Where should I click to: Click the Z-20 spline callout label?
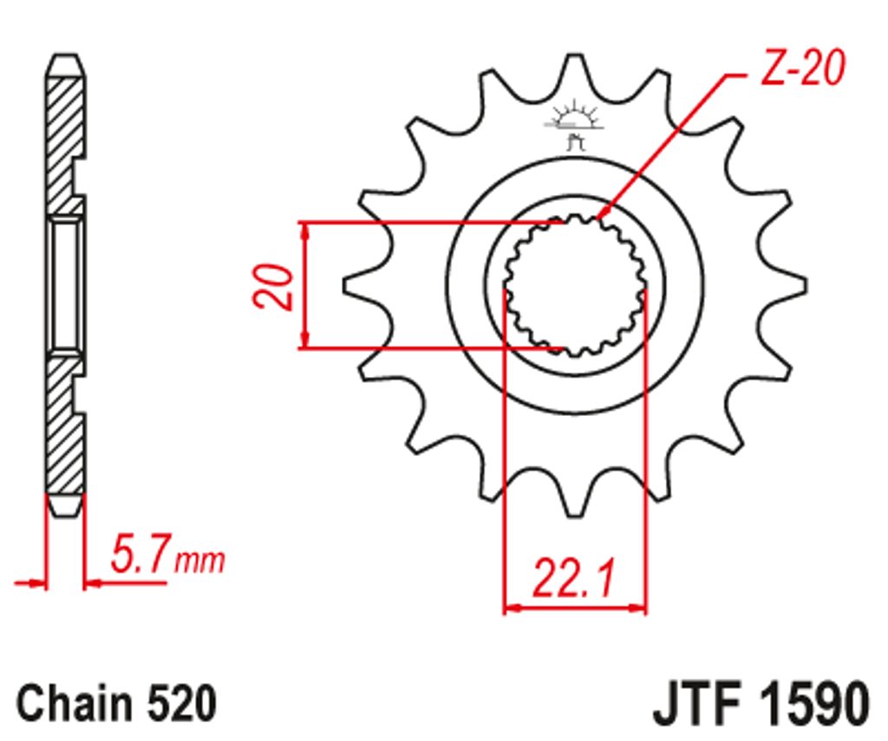pyautogui.click(x=802, y=68)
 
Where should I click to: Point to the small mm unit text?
pyautogui.click(x=200, y=561)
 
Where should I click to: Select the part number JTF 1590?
pyautogui.click(x=761, y=705)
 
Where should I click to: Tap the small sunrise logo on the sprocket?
pyautogui.click(x=574, y=125)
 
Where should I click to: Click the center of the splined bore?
pyautogui.click(x=575, y=285)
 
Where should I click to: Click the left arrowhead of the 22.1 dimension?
pyautogui.click(x=512, y=608)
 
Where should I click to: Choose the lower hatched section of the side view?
pyautogui.click(x=63, y=425)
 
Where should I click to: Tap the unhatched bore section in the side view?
pyautogui.click(x=66, y=285)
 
